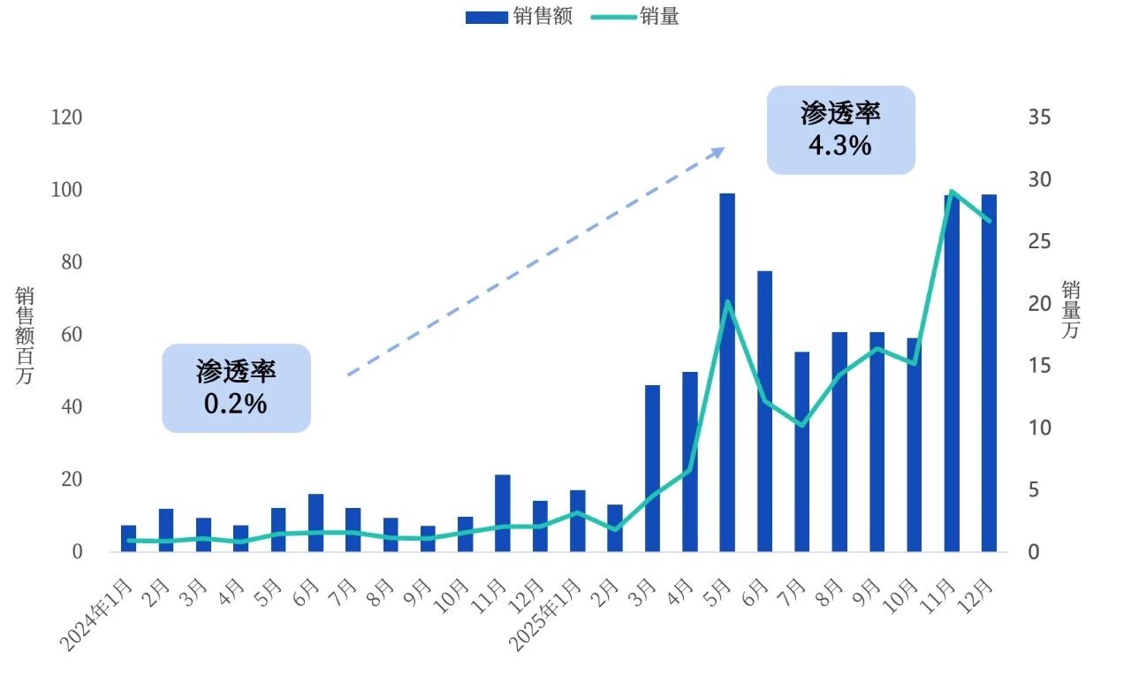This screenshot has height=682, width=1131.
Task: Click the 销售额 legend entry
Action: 519,17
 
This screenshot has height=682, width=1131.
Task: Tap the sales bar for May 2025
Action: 727,372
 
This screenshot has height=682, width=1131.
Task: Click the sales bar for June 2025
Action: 764,411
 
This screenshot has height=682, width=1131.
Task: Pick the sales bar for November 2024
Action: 503,513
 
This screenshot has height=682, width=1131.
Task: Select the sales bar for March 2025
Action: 652,468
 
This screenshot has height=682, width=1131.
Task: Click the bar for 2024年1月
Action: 129,538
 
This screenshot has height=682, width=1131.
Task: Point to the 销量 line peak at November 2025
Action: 952,191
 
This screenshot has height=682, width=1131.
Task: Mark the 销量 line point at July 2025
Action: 801,425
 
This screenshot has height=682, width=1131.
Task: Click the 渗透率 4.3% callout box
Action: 840,130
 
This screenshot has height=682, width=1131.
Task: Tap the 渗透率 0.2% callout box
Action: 236,388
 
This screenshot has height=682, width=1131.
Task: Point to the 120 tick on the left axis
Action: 65,117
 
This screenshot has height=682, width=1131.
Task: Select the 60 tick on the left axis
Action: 70,335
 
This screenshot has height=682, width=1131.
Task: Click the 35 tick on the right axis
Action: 1039,117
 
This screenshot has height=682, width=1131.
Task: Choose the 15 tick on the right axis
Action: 1039,366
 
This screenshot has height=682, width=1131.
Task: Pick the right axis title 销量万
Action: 1070,309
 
